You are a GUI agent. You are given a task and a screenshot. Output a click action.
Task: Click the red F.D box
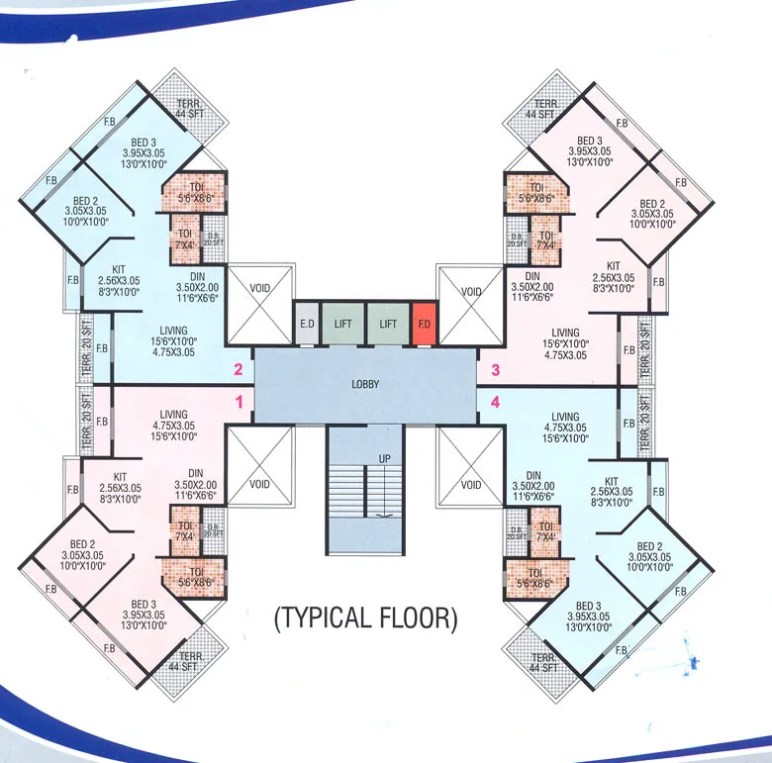[x=424, y=324]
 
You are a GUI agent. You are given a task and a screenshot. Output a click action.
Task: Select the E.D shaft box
[x=308, y=324]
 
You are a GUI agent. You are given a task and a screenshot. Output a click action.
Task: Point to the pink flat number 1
[x=238, y=402]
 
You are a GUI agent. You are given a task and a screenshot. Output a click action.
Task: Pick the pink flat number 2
[x=238, y=371]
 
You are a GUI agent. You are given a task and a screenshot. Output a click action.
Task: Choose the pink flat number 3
[x=496, y=371]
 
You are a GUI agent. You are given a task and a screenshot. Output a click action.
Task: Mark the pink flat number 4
[x=496, y=402]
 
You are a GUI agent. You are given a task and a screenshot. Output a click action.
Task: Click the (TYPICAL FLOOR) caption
[x=366, y=620]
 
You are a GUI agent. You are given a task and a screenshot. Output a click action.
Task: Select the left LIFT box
[x=343, y=324]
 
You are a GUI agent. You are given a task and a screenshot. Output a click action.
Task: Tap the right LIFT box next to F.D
[x=387, y=324]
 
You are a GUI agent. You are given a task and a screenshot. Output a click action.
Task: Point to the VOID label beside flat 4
[x=471, y=485]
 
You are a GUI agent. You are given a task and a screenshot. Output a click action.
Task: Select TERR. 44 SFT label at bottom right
[x=541, y=662]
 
